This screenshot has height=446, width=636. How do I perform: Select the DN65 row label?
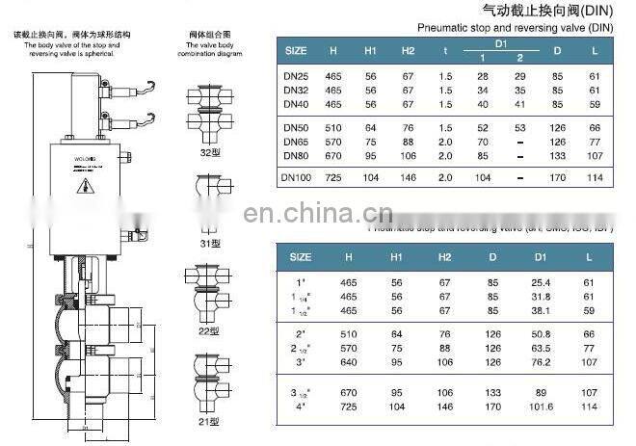(296, 141)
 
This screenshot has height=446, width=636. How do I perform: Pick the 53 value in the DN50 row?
(520, 127)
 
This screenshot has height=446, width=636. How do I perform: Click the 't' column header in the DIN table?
(446, 49)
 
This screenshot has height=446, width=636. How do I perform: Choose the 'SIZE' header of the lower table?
(301, 257)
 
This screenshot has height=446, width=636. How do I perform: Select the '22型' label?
(204, 330)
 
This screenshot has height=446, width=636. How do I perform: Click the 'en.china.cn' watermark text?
(318, 213)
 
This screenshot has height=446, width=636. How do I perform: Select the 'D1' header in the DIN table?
(500, 43)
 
